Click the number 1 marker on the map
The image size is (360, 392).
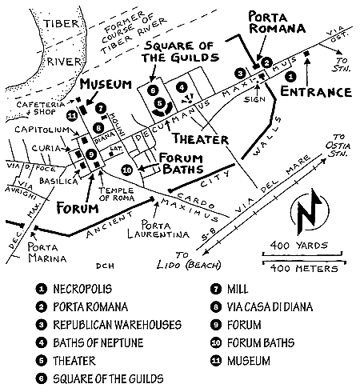pos(290,77)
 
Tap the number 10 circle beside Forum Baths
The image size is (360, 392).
pos(127,170)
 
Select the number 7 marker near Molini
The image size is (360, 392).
pos(101,109)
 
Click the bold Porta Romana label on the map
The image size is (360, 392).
pos(277,22)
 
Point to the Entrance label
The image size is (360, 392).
pos(316,92)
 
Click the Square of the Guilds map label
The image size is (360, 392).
pos(180,52)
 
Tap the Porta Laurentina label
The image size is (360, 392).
pos(158,230)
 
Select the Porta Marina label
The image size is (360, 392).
pos(47,253)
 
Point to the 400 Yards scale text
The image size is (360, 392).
pos(299,246)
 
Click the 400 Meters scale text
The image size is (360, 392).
pos(304,268)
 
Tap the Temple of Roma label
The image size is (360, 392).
pos(116,194)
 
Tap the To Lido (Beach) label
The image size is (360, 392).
pos(189,260)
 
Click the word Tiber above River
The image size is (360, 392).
pos(62,24)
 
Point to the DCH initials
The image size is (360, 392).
pos(105,266)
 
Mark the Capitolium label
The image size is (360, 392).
pos(42,130)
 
